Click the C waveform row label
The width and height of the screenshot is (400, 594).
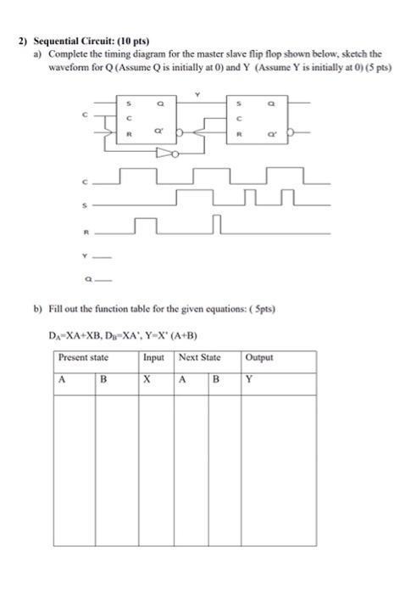coord(84,182)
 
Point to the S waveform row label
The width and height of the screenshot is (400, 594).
coord(84,205)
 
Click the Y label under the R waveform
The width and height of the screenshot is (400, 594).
coord(84,255)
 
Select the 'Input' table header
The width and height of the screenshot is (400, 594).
coord(156,358)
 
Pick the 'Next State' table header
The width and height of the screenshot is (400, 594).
coord(199,358)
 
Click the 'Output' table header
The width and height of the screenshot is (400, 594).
coord(260,358)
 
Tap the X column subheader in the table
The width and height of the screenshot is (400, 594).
coord(147,381)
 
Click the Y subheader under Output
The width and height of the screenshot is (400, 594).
coord(249,381)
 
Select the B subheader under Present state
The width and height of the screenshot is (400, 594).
coord(103,381)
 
